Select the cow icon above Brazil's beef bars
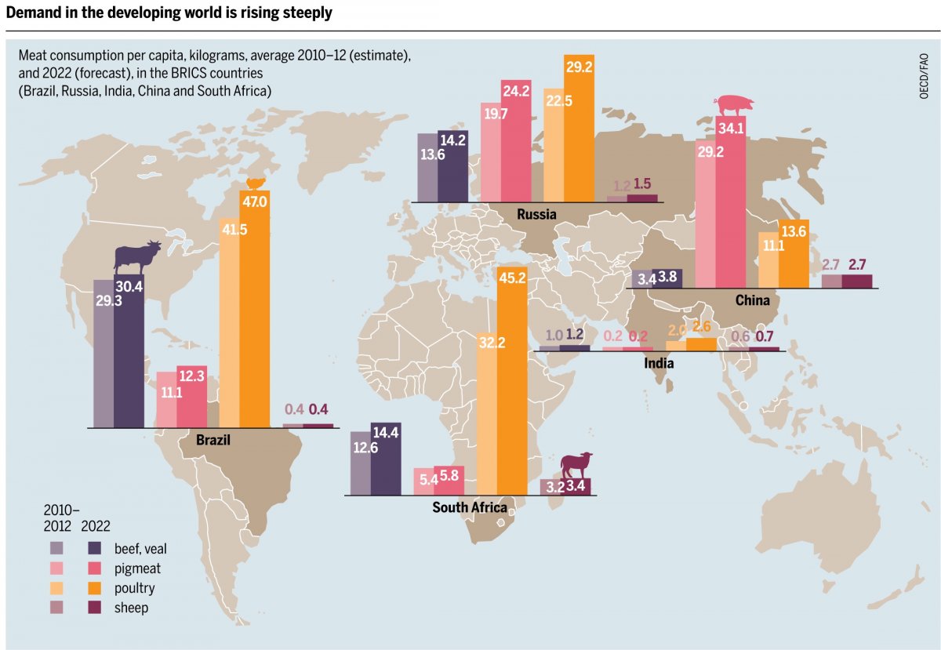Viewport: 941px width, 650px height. (138, 256)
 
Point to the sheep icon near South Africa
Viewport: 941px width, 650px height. (576, 465)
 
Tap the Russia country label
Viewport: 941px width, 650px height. (536, 214)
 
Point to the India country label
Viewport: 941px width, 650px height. (659, 363)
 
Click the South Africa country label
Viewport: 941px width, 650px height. (470, 507)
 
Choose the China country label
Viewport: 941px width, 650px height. (752, 300)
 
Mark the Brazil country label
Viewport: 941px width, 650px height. (213, 440)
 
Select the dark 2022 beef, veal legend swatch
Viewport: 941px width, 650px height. (94, 547)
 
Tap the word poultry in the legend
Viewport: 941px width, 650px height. (134, 588)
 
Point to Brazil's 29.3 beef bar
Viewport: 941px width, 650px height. (104, 353)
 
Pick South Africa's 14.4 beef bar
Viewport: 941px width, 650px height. (386, 463)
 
